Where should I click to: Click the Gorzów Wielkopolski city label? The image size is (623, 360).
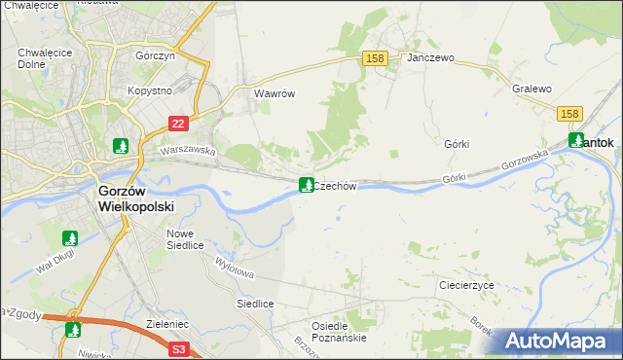pos(135,199)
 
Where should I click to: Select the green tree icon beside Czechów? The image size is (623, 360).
pos(306,185)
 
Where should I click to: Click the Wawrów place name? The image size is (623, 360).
pos(274,94)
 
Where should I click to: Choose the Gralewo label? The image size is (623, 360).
pos(531,89)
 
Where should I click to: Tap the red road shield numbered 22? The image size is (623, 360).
pos(177,124)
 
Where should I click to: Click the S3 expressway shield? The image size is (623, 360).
pos(177,348)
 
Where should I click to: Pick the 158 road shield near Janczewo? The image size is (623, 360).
pos(376,58)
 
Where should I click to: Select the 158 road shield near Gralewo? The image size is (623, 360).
pos(571,114)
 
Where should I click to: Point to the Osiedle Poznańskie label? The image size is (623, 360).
pos(338,332)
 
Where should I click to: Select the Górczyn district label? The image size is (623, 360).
pos(156,56)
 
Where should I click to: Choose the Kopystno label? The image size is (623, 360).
pos(149,90)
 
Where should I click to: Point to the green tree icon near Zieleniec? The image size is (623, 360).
pos(73,329)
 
